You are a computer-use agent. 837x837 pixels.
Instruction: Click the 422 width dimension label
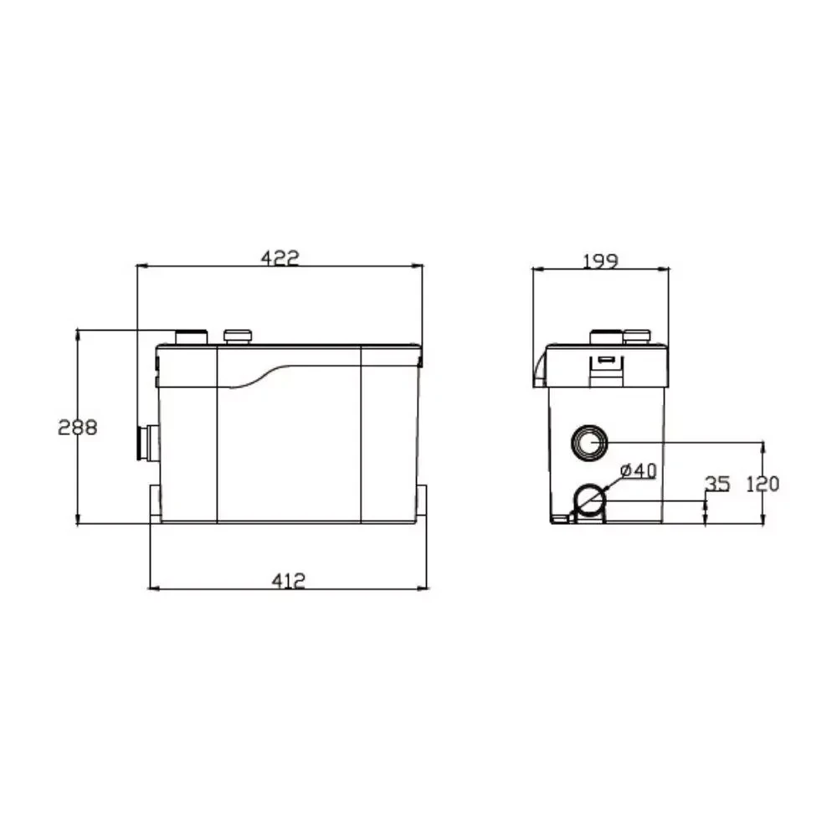(280, 258)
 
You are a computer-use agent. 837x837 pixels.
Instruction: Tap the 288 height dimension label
(78, 427)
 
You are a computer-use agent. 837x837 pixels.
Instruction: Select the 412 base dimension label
(289, 580)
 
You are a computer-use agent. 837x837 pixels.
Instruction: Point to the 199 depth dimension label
(600, 261)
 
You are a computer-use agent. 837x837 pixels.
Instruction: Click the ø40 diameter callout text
(639, 470)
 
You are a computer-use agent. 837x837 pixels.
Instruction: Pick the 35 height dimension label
(717, 484)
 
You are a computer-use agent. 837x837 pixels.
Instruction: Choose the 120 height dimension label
(763, 484)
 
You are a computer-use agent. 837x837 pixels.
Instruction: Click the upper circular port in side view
(589, 443)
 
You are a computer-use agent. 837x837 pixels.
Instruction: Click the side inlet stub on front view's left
(147, 443)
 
